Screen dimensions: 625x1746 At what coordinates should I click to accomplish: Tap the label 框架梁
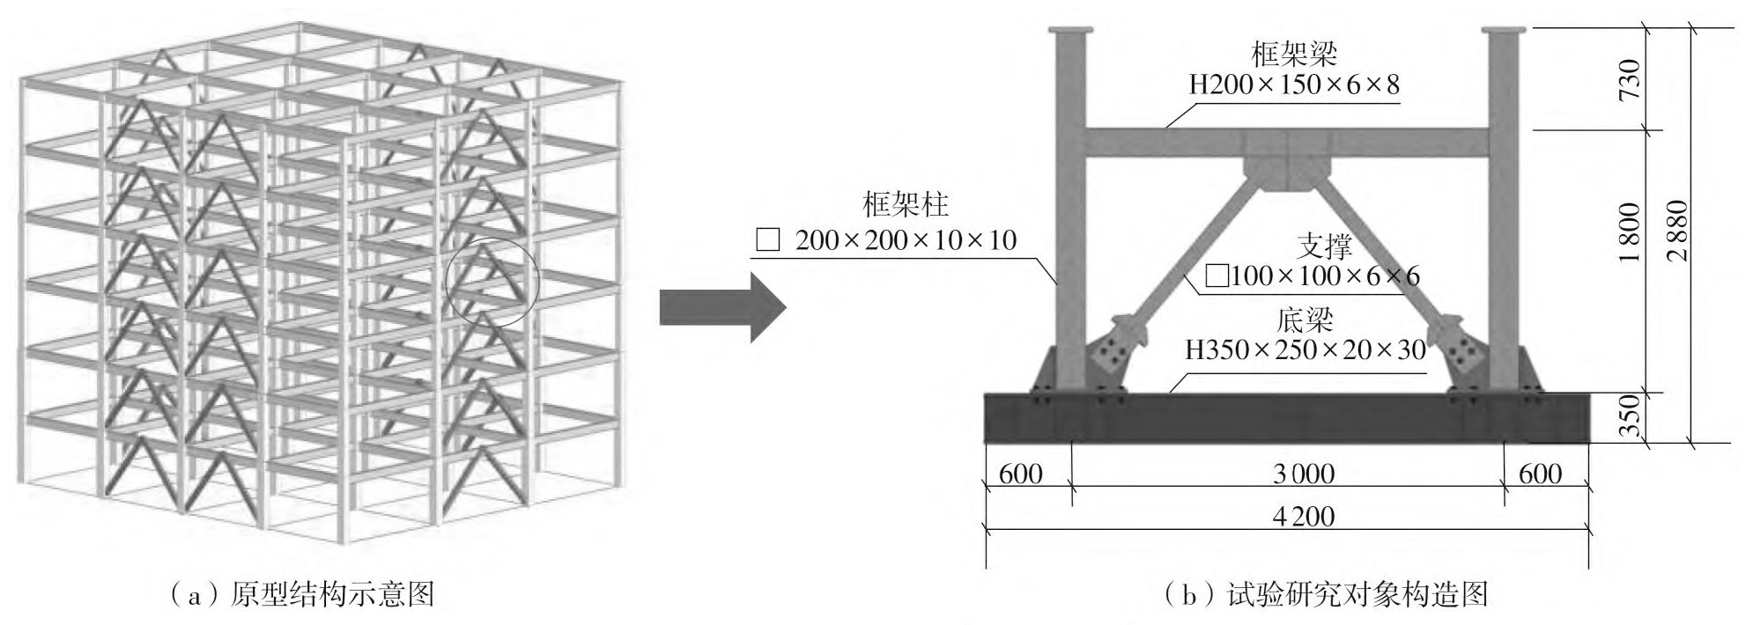click(1293, 55)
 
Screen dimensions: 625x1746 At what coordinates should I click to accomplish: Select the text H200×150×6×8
click(1293, 85)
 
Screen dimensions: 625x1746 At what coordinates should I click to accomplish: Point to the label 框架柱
click(906, 205)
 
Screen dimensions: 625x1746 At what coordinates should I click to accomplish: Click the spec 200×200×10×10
click(906, 239)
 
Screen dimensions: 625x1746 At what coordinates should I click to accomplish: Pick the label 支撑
click(1324, 246)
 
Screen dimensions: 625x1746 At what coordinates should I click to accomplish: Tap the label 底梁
click(1305, 320)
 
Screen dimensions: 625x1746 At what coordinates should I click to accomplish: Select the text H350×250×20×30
click(1305, 350)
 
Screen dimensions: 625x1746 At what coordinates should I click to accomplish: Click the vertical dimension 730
click(1630, 79)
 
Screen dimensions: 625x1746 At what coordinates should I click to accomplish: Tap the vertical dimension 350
click(1630, 415)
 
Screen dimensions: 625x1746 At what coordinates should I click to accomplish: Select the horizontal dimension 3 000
click(1303, 474)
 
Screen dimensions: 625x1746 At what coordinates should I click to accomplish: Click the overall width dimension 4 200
click(1303, 516)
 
